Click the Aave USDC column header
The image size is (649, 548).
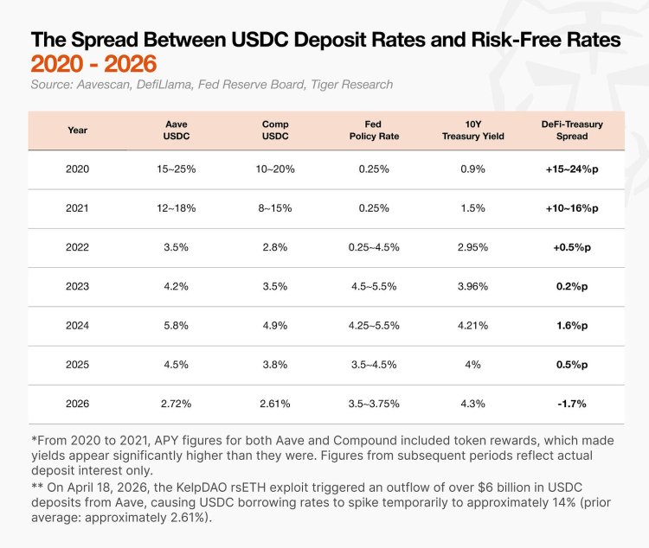tap(177, 130)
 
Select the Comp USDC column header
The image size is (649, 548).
tap(275, 130)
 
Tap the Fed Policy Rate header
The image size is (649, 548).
tap(374, 130)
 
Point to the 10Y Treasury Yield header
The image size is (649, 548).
tap(472, 130)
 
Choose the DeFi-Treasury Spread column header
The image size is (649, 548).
tap(572, 130)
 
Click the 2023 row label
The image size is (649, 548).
tap(77, 286)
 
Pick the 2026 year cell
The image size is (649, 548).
tap(77, 404)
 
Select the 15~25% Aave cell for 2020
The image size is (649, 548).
tap(177, 169)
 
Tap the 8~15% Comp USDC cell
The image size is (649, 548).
tap(275, 208)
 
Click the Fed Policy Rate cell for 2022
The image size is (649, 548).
tap(374, 247)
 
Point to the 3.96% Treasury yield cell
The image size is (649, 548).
tap(472, 286)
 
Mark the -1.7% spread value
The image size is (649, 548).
tap(572, 404)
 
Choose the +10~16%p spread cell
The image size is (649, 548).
tap(572, 208)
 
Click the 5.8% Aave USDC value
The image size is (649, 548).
tap(177, 326)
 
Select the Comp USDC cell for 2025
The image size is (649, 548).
tap(275, 365)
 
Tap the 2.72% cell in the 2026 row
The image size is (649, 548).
tap(177, 404)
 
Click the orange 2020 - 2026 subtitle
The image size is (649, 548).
tap(93, 64)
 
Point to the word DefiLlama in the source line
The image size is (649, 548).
tap(164, 85)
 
